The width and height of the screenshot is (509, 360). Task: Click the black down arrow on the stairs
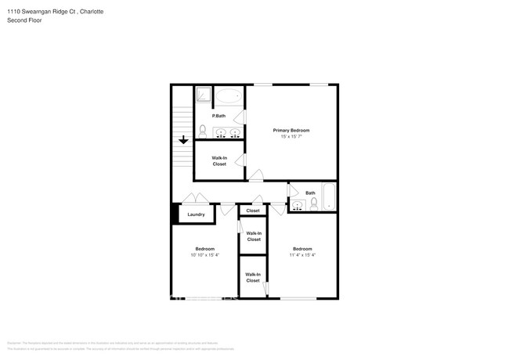click(x=183, y=140)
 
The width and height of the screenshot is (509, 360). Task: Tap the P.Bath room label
click(x=219, y=116)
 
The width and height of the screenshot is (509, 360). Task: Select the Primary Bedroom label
click(x=291, y=130)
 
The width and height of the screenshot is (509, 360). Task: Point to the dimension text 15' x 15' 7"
click(x=291, y=137)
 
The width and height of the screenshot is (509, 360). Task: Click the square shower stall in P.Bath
click(x=203, y=95)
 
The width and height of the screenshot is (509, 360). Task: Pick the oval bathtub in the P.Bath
click(x=229, y=96)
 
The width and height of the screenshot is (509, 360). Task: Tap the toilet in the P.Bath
click(x=202, y=130)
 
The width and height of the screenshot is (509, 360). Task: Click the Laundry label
click(x=196, y=214)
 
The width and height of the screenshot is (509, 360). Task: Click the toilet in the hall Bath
click(x=315, y=204)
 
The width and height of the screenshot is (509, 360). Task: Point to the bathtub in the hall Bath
click(x=329, y=197)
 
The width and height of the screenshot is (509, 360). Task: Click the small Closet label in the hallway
click(x=253, y=211)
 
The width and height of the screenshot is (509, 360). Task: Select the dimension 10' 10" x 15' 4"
click(x=204, y=254)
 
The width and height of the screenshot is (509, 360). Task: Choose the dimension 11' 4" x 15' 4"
click(x=302, y=254)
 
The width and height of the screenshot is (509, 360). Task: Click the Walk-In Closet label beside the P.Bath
click(x=219, y=160)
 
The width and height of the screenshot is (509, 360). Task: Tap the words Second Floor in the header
click(x=24, y=20)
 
